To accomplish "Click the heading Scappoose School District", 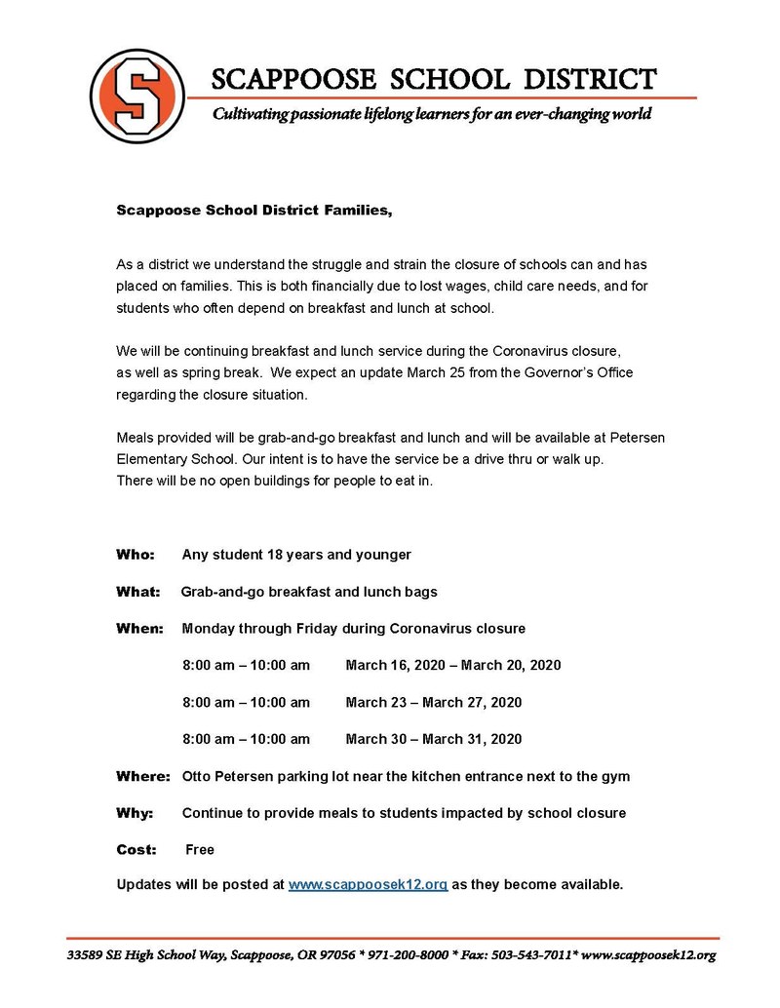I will coord(434,78).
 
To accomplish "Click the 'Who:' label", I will coord(136,555).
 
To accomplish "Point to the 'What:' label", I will coord(136,592).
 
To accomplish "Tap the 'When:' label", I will coord(139,629).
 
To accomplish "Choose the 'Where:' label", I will coord(143,776).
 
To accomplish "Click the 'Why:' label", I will coord(135,812).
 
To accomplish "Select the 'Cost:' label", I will coord(136,849).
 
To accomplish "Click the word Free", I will coord(200,849).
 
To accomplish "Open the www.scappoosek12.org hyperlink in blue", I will coord(368,885).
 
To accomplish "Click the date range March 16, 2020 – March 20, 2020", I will coord(452,665).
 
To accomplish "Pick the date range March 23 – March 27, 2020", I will coord(433,702).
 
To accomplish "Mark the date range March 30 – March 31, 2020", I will coord(433,739).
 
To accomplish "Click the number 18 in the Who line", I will coord(273,555).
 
